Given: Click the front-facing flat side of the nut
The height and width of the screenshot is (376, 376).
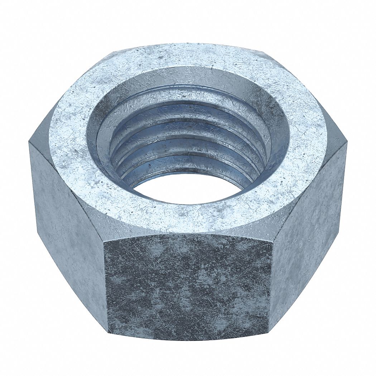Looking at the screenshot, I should pyautogui.click(x=188, y=286).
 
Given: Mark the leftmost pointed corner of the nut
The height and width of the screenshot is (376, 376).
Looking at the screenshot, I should pyautogui.click(x=29, y=143).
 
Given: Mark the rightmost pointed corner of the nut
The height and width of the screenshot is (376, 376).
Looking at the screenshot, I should pyautogui.click(x=347, y=143).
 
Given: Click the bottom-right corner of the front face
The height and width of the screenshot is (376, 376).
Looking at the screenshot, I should pyautogui.click(x=269, y=331).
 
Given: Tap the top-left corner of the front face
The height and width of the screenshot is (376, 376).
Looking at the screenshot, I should pyautogui.click(x=104, y=241).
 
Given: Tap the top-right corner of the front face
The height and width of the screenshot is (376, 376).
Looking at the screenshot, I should pyautogui.click(x=272, y=242).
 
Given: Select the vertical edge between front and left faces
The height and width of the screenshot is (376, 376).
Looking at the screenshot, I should pyautogui.click(x=106, y=286).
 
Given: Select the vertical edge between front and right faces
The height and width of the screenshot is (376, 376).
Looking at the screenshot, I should pyautogui.click(x=271, y=286).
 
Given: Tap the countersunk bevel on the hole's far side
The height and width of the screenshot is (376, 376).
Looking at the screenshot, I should pyautogui.click(x=188, y=77).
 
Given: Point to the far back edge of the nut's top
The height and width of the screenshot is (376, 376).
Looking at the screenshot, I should pyautogui.click(x=188, y=44).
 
